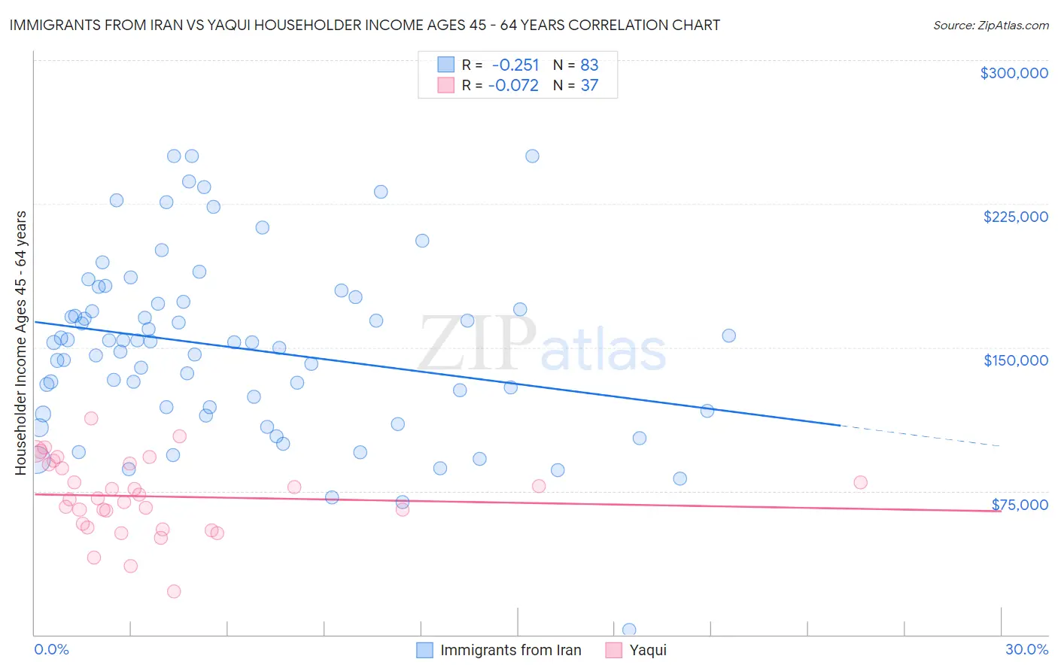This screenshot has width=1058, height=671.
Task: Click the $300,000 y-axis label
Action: [1014, 73]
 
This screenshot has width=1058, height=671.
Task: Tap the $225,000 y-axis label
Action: [1015, 217]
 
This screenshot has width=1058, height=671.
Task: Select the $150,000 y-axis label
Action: [1015, 360]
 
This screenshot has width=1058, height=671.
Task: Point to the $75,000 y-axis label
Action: [1020, 504]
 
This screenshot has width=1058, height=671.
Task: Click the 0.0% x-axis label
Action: [51, 649]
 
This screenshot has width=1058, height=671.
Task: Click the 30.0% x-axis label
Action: [1026, 649]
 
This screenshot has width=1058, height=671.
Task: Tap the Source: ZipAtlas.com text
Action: [990, 26]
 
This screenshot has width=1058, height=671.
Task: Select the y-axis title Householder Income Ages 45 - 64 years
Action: [21, 343]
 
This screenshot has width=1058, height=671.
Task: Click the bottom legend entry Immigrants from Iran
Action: [510, 650]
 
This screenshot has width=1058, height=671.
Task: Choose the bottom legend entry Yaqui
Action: [647, 650]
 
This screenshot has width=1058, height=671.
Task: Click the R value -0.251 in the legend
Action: [515, 65]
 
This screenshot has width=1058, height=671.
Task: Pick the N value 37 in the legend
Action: [589, 86]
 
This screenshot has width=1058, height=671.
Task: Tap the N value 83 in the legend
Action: [589, 65]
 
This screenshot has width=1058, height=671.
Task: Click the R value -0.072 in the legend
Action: [513, 86]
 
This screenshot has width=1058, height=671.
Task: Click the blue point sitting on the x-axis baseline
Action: [629, 630]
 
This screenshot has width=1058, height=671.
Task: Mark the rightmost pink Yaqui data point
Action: [860, 482]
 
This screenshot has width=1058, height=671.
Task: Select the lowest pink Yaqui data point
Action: [174, 591]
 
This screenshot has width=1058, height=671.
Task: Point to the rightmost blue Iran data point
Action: [728, 335]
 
